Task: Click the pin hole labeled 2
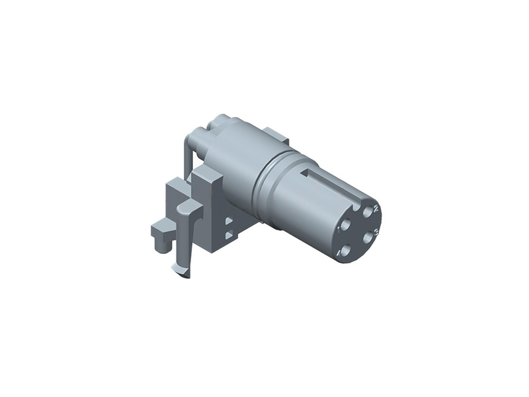coord(368,212)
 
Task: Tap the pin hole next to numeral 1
coord(345,224)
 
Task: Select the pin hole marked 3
coord(368,238)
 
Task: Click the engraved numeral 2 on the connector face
coord(376,208)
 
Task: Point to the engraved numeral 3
coord(376,232)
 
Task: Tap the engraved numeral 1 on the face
coord(339,230)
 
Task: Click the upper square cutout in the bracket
coord(229,222)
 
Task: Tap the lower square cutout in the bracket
coord(229,234)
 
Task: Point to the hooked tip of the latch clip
coord(180,270)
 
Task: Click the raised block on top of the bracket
coord(208,177)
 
